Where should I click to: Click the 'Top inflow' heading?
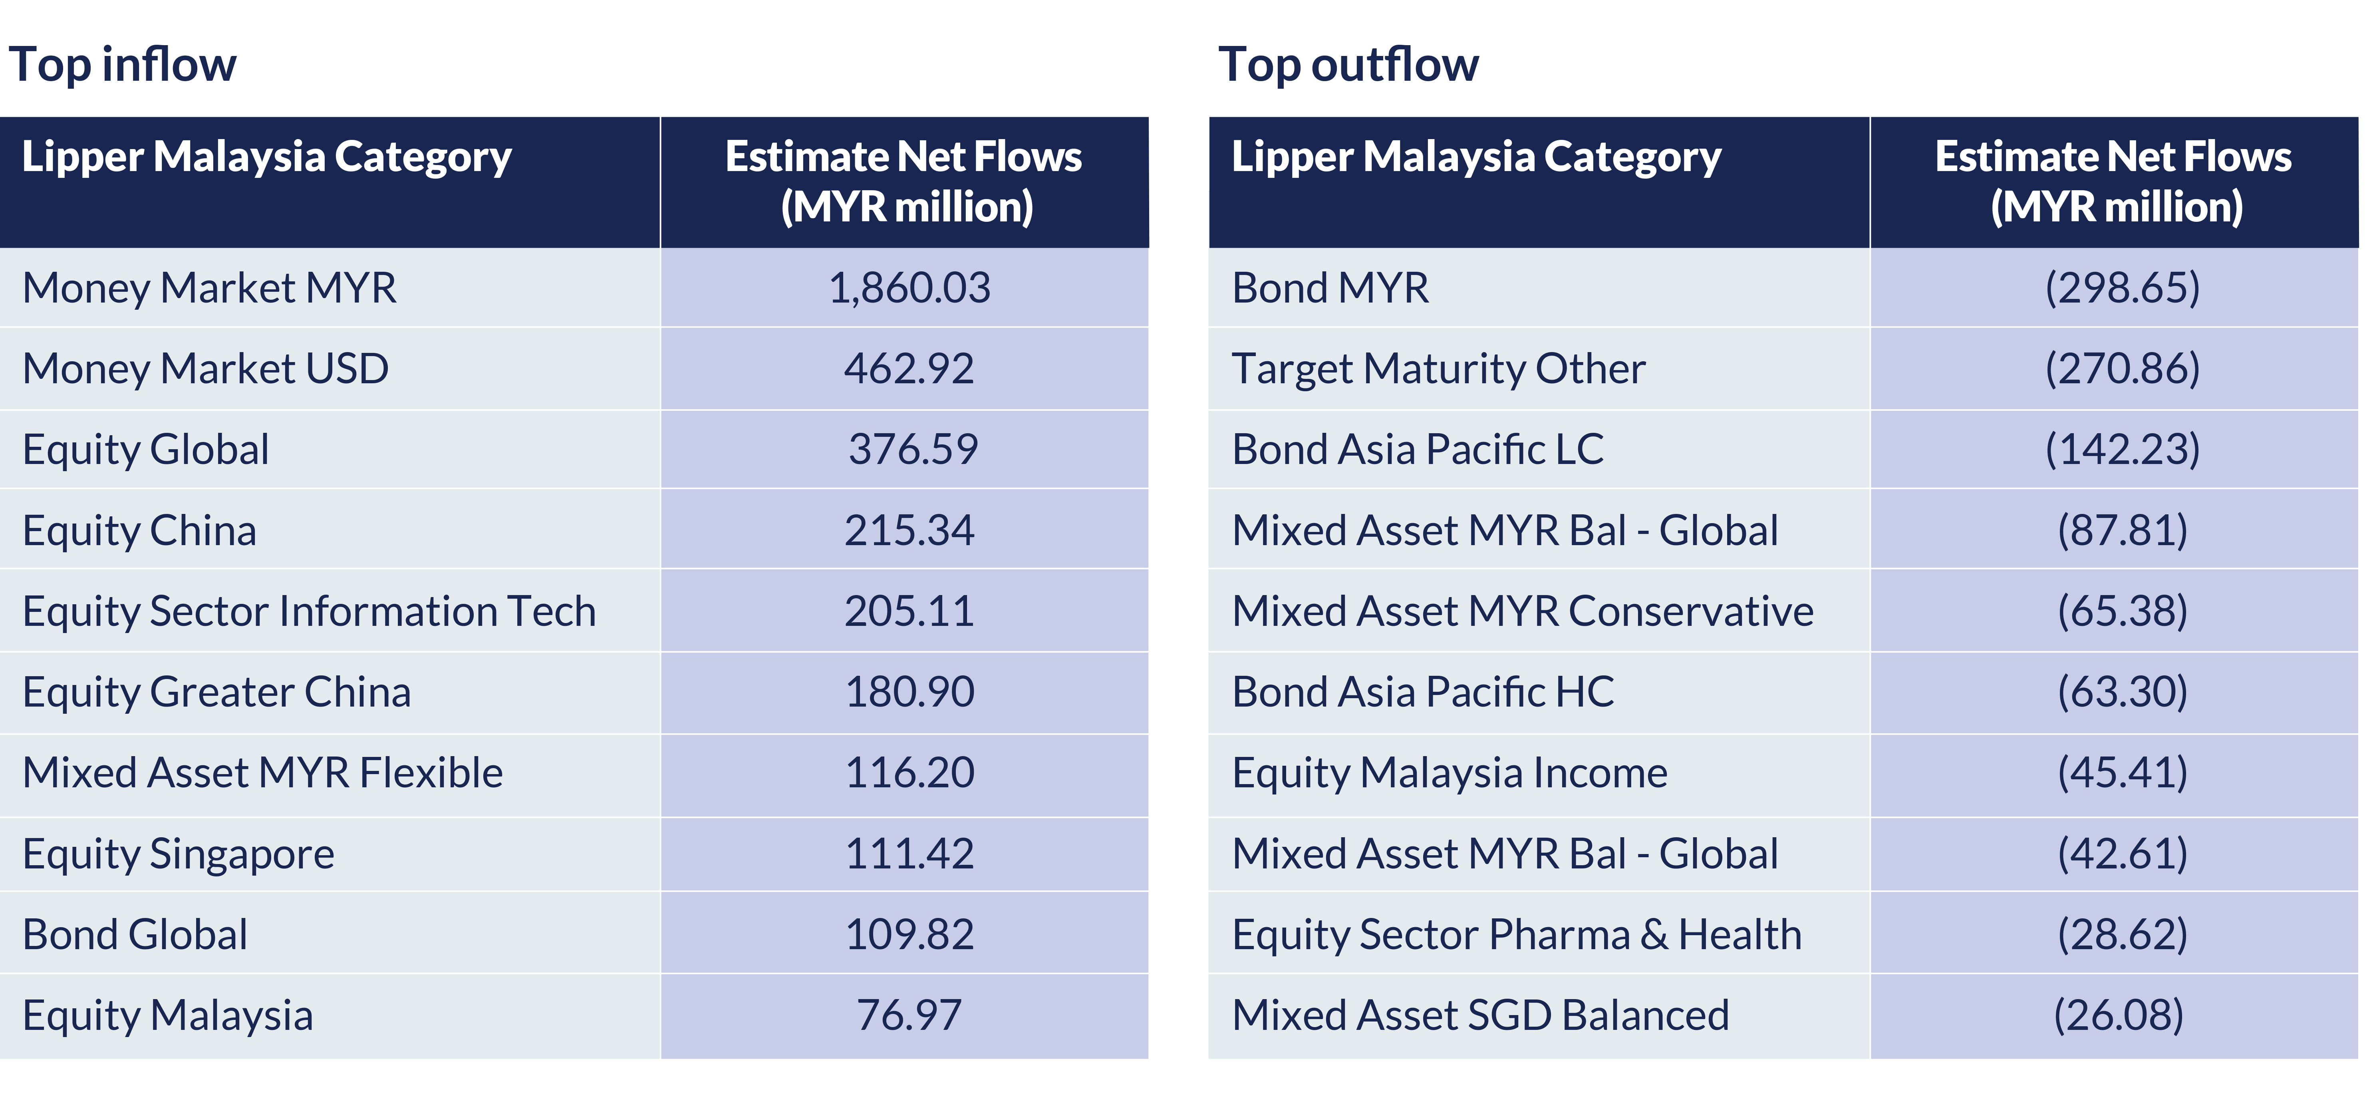(x=123, y=64)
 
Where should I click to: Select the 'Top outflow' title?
(x=1348, y=64)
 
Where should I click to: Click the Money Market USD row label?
(x=205, y=368)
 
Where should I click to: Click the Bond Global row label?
(x=135, y=934)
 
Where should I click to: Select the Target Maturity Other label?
(x=1438, y=368)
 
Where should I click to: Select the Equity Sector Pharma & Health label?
(x=1516, y=934)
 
